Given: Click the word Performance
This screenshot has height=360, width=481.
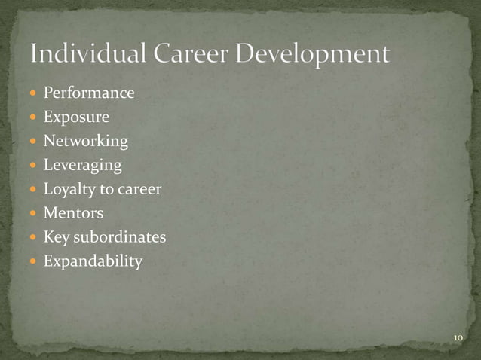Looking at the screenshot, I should [89, 93].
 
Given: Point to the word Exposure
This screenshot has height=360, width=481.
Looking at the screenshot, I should [76, 117].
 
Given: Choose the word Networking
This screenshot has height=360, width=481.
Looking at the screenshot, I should [86, 142].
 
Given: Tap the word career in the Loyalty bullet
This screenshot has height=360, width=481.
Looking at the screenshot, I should [139, 190].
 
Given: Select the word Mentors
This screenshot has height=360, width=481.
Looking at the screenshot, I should [73, 213].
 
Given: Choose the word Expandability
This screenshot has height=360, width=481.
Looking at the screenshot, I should [93, 261].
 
